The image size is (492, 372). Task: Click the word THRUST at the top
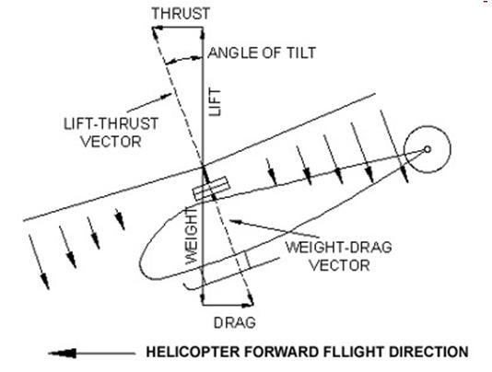181,14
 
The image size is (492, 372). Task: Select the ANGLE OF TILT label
262,52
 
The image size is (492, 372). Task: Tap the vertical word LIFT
215,102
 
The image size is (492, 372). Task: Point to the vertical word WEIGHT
191,236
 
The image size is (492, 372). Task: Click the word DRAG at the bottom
234,322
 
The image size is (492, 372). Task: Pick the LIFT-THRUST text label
111,123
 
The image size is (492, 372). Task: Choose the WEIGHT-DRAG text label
338,247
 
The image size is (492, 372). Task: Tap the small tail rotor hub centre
428,149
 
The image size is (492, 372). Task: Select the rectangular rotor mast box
211,188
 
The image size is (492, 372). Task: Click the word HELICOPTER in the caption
193,352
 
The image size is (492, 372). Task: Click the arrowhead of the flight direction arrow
63,354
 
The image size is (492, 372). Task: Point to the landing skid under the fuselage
231,273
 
